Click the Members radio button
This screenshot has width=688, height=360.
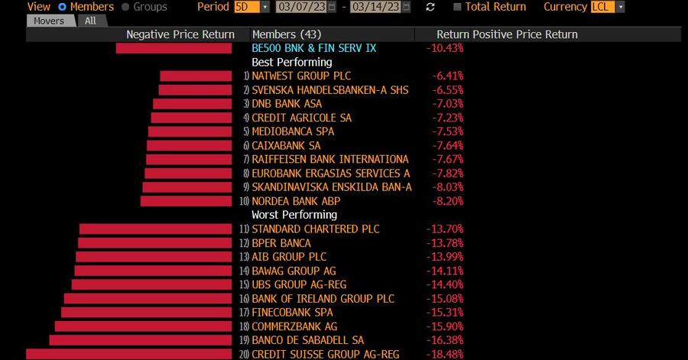click(63, 7)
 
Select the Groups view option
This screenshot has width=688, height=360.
click(126, 7)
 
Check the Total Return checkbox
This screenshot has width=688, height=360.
click(457, 7)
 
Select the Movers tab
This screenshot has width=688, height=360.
click(50, 21)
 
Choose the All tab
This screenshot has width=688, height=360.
click(90, 21)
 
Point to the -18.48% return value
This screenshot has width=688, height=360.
click(444, 354)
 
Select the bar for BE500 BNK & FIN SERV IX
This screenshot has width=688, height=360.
click(174, 48)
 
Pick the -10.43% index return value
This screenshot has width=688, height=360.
click(444, 48)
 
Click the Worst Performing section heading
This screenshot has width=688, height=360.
click(294, 215)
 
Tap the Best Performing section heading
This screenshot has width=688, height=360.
click(291, 62)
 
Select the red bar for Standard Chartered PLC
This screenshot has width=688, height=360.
click(156, 229)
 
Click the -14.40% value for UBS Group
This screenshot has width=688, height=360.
click(444, 284)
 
